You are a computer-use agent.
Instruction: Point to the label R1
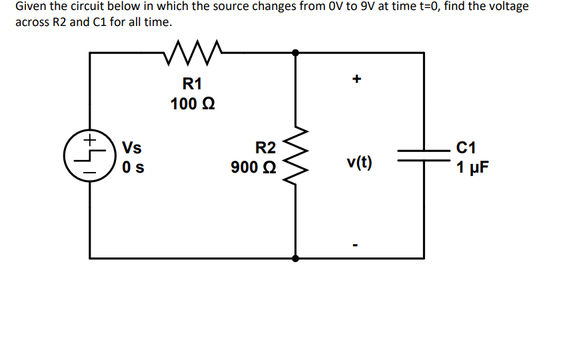click(192, 84)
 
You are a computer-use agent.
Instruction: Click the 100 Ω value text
click(192, 105)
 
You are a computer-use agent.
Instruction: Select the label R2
click(265, 147)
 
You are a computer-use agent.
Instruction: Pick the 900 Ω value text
click(254, 167)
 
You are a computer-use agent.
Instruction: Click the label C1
click(468, 147)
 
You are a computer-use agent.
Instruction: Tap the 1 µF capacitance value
click(472, 167)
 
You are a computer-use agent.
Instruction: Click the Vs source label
click(132, 147)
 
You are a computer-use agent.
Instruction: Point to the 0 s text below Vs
click(131, 167)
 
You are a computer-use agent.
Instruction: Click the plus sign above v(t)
click(357, 80)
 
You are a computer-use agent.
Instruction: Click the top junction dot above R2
click(295, 52)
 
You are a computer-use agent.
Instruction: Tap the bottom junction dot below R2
click(295, 257)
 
